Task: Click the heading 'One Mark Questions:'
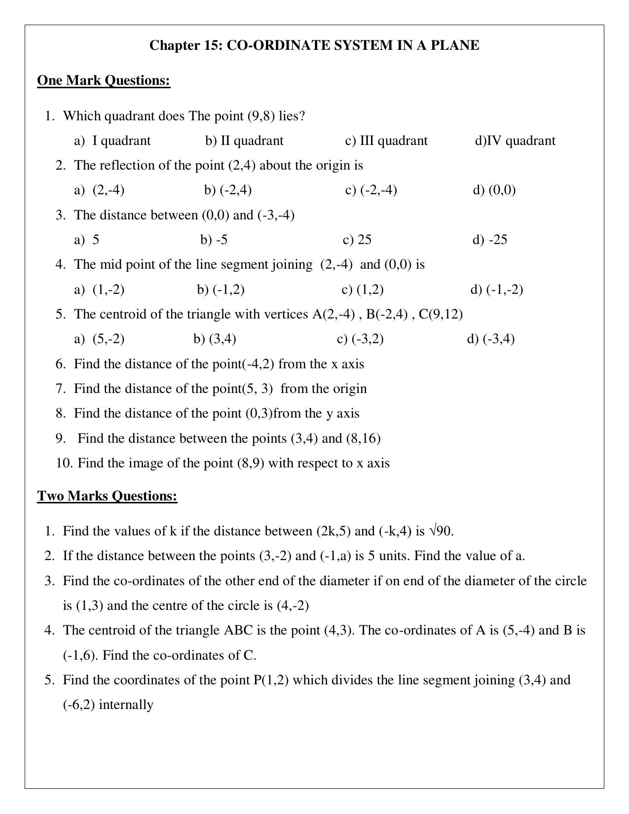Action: point(104,80)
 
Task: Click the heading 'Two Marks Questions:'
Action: point(107,495)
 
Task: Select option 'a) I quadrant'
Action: point(112,141)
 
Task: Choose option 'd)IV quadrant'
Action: point(515,141)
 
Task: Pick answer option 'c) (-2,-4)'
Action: point(371,190)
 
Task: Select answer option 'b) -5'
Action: point(214,240)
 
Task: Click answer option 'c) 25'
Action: point(357,240)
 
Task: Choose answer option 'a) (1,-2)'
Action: point(99,289)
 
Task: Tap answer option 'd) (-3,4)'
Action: point(490,339)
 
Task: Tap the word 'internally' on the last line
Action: point(126,705)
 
